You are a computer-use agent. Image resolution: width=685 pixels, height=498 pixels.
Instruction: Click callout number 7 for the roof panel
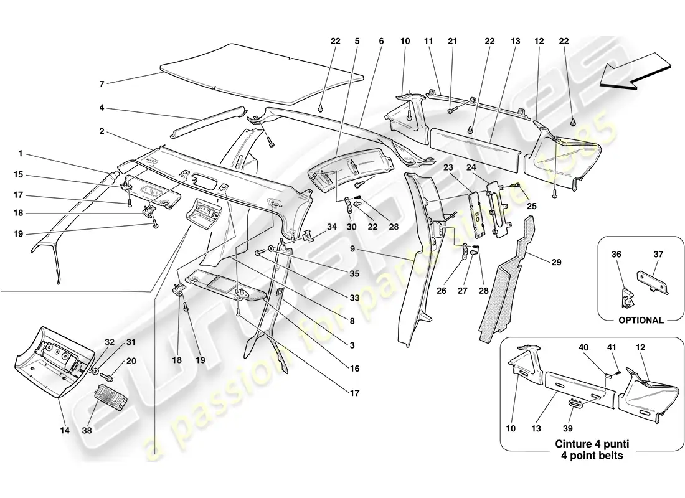point(102,84)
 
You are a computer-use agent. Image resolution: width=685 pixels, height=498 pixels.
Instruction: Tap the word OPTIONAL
point(641,320)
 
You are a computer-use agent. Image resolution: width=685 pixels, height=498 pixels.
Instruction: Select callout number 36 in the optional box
point(616,254)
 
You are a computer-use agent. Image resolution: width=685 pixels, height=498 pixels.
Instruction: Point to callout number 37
point(658,254)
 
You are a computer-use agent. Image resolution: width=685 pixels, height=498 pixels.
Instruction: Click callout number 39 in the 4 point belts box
point(568,428)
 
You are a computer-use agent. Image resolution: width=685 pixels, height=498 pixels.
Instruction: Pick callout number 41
point(612,347)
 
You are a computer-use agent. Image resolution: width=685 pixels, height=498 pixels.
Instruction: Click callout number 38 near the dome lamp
point(87,430)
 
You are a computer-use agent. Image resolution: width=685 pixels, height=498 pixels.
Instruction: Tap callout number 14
point(65,430)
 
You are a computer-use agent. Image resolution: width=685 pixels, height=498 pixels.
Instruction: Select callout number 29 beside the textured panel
point(556,262)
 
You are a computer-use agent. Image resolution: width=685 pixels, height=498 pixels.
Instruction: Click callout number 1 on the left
point(20,154)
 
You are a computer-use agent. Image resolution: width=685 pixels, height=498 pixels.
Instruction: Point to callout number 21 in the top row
point(452,41)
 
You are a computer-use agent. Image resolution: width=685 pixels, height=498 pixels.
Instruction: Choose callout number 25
point(532,206)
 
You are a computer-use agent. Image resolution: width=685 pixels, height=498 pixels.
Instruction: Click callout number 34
point(331,227)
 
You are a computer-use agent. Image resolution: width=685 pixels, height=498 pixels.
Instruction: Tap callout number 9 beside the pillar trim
point(352,250)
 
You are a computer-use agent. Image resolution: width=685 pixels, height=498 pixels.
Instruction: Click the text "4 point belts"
point(592,456)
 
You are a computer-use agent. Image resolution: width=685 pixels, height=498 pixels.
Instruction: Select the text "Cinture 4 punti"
point(592,444)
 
